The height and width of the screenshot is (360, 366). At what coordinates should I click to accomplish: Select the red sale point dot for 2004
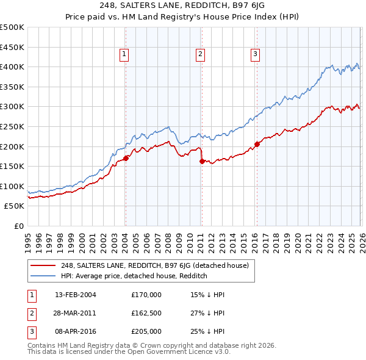click(x=126, y=158)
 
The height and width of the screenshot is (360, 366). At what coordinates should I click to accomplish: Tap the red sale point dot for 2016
click(x=257, y=144)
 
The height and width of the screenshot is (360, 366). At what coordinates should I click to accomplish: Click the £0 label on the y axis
click(x=18, y=226)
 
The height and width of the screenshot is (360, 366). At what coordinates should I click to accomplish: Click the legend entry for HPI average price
click(x=134, y=276)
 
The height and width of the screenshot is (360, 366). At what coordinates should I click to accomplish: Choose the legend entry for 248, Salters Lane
click(x=154, y=265)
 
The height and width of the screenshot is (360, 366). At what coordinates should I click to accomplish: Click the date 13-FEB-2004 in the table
click(x=76, y=295)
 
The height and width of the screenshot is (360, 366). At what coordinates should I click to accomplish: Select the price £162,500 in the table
click(x=146, y=313)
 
